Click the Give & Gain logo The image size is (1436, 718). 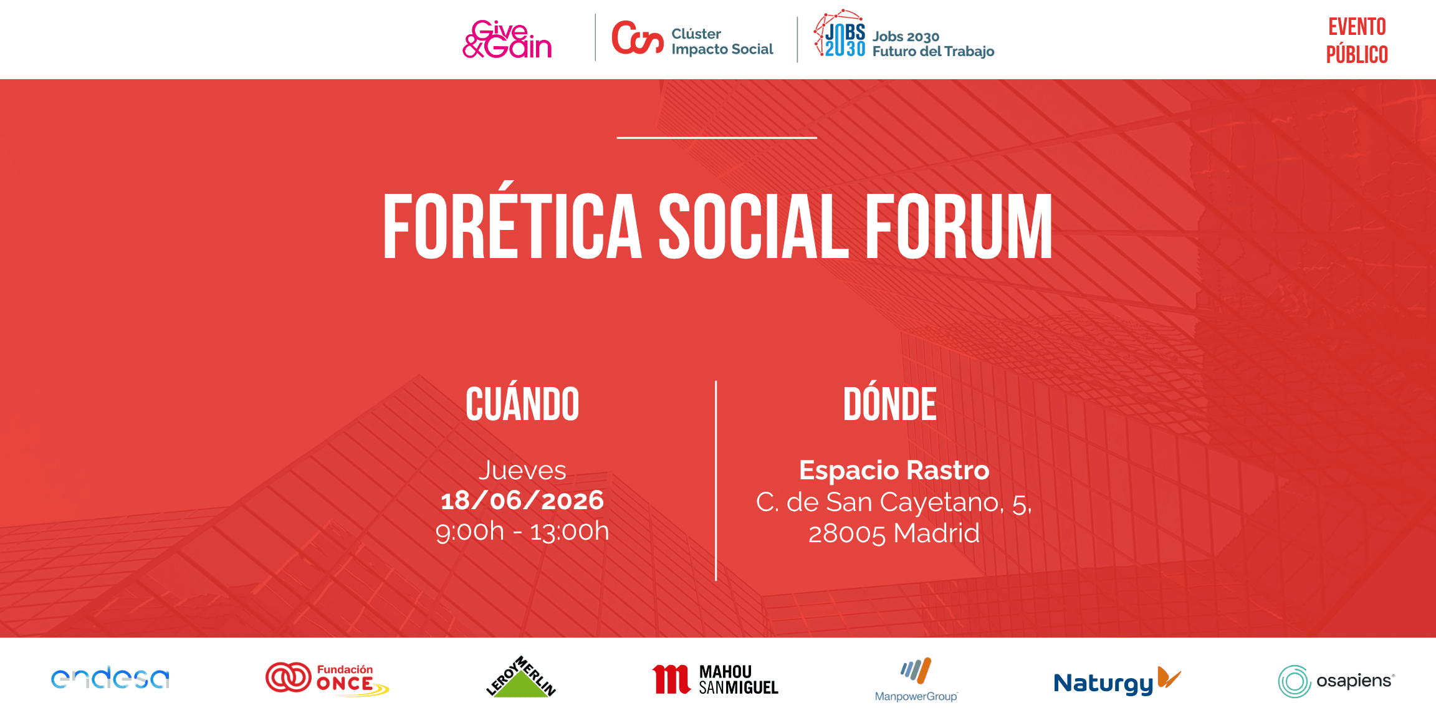(x=507, y=39)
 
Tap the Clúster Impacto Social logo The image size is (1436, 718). (x=692, y=39)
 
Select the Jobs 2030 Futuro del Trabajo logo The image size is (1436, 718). (x=904, y=34)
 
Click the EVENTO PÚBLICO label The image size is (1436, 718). (x=1357, y=41)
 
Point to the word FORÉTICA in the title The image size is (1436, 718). (x=512, y=226)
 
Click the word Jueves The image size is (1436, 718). (x=522, y=471)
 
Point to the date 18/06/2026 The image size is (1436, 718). (x=522, y=500)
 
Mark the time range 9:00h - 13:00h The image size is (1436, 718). (x=522, y=532)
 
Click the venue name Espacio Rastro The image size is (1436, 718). (x=894, y=471)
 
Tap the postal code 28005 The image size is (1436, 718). (x=846, y=534)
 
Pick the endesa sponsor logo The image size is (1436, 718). (x=110, y=678)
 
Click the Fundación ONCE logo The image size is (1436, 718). (x=327, y=679)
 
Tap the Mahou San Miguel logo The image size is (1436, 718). (x=716, y=679)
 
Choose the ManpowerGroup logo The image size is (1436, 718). (x=916, y=679)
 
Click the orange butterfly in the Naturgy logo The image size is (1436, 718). (x=1169, y=677)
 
